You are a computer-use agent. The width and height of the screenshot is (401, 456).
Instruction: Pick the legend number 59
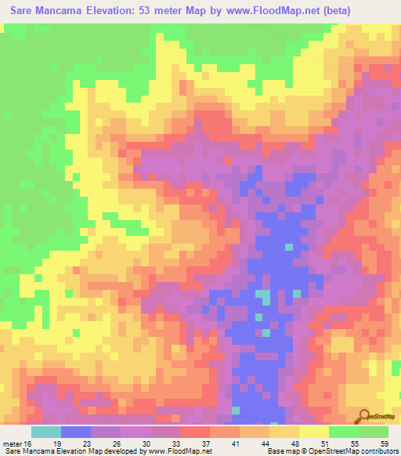pyautogui.click(x=384, y=443)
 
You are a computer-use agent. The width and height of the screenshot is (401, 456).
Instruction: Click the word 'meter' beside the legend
pyautogui.click(x=11, y=443)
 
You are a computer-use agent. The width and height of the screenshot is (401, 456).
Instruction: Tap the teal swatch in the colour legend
pyautogui.click(x=46, y=432)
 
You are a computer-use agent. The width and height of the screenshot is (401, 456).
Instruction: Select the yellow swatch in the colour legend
pyautogui.click(x=313, y=432)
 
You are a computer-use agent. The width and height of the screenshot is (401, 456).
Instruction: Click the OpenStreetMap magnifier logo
pyautogui.click(x=365, y=418)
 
